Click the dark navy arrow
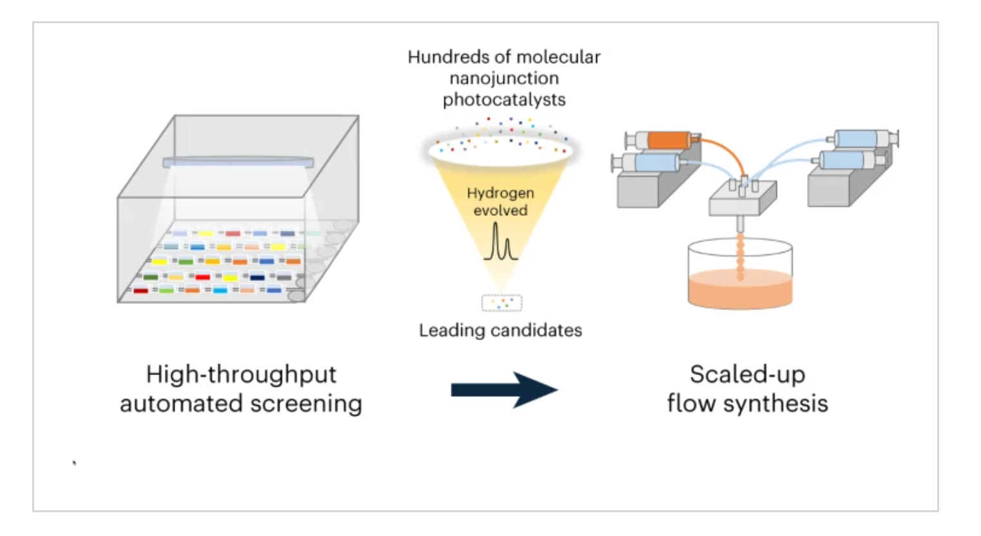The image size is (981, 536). (x=504, y=390)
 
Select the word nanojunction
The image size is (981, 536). (x=504, y=79)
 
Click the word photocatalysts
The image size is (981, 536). (x=504, y=100)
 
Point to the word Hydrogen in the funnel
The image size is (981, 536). (x=500, y=193)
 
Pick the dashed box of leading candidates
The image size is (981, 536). (x=502, y=303)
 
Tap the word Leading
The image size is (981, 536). (x=452, y=330)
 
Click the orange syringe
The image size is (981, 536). (x=662, y=140)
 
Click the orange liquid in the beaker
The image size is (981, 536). (x=740, y=289)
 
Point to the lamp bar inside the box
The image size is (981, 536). (x=238, y=162)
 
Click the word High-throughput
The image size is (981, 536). (x=242, y=376)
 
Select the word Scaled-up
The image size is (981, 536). (x=748, y=376)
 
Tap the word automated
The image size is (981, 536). (x=181, y=404)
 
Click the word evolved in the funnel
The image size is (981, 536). (x=500, y=211)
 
